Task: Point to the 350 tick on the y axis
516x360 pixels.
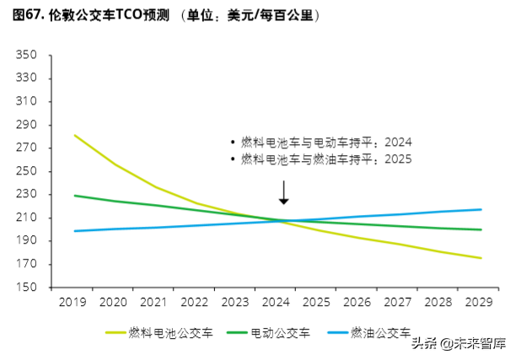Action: point(30,56)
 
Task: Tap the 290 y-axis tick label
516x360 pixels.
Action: point(30,125)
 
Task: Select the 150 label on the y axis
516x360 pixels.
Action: point(30,287)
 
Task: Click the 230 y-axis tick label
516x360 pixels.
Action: point(30,195)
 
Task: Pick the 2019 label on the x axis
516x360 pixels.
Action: point(75,301)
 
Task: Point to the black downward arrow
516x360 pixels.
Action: point(284,191)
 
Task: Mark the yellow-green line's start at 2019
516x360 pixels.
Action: point(75,135)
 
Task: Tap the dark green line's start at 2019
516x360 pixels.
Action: point(75,196)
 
